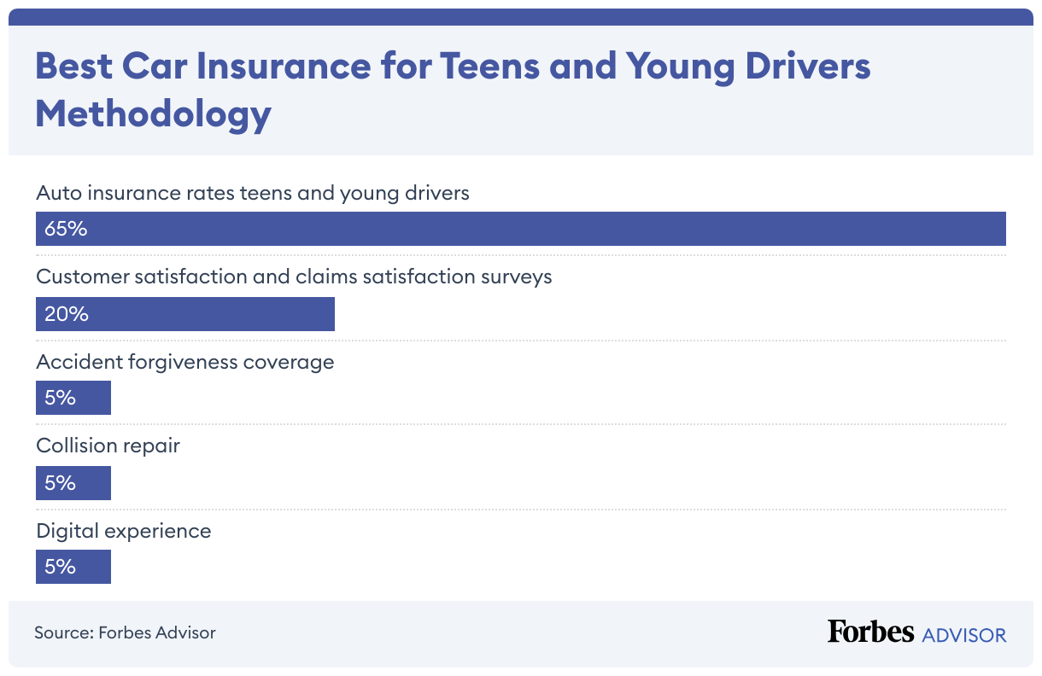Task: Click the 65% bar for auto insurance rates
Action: (521, 229)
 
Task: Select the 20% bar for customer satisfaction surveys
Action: (185, 314)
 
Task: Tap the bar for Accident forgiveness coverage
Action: (73, 398)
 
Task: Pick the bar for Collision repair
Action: (73, 483)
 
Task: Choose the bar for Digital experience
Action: (73, 567)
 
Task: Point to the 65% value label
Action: (66, 229)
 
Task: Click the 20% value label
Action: (67, 314)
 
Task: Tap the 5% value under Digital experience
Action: (60, 567)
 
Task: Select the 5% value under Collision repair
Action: (60, 483)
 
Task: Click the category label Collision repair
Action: (108, 446)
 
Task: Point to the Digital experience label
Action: (123, 531)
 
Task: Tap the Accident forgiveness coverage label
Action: (184, 362)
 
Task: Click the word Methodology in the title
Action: (153, 114)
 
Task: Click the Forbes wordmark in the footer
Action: (870, 632)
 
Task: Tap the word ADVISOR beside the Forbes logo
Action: (964, 634)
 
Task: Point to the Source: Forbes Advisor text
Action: (125, 632)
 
